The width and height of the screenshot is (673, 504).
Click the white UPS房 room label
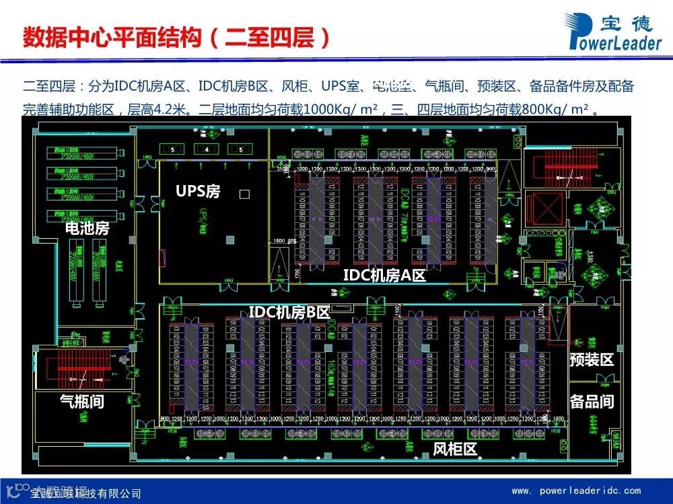[x=198, y=192]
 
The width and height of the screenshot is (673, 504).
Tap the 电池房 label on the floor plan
[x=87, y=229]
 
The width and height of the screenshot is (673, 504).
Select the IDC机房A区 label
[x=384, y=275]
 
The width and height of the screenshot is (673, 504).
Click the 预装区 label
[x=592, y=359]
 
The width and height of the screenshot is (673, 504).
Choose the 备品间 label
[x=592, y=402]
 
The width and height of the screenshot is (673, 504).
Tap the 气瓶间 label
[x=82, y=402]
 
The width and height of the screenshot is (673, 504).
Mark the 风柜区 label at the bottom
[x=454, y=449]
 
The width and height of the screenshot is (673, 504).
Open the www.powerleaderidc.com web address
[x=576, y=491]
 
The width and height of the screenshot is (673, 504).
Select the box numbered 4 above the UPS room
[x=207, y=149]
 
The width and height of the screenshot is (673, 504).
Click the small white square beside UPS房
[x=244, y=194]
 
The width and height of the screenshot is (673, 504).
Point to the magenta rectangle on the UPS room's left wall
[x=162, y=257]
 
